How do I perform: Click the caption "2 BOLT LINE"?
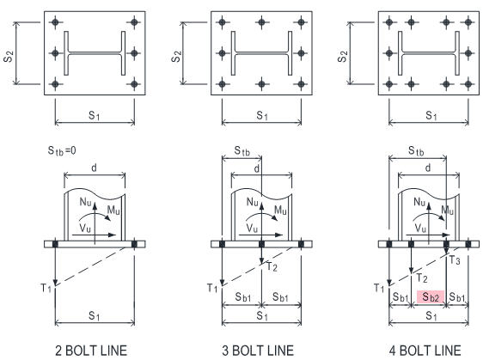pyautogui.click(x=91, y=351)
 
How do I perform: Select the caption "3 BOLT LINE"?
pyautogui.click(x=258, y=351)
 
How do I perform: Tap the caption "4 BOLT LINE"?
pyautogui.click(x=425, y=351)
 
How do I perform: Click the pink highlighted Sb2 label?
pyautogui.click(x=431, y=297)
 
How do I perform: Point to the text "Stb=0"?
pyautogui.click(x=62, y=150)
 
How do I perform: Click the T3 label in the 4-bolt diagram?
pyautogui.click(x=455, y=260)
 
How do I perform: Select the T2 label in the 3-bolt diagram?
pyautogui.click(x=272, y=266)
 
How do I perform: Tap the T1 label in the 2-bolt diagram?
pyautogui.click(x=46, y=288)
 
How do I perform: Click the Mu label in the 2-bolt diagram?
pyautogui.click(x=113, y=211)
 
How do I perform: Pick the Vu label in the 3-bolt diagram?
pyautogui.click(x=252, y=229)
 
